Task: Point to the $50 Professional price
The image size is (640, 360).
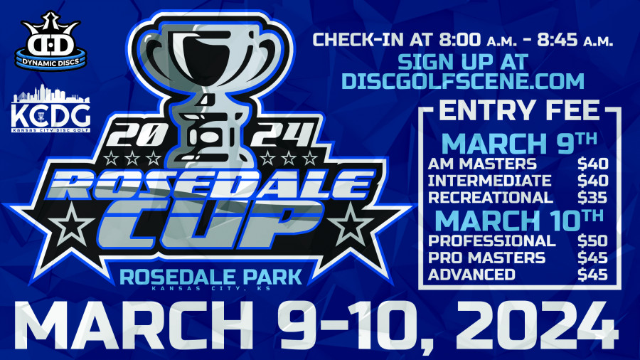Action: click(x=592, y=240)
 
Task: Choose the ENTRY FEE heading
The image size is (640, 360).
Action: click(x=520, y=110)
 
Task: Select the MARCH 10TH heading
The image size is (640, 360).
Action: click(x=520, y=218)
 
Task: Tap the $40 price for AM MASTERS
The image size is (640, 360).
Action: click(x=592, y=163)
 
